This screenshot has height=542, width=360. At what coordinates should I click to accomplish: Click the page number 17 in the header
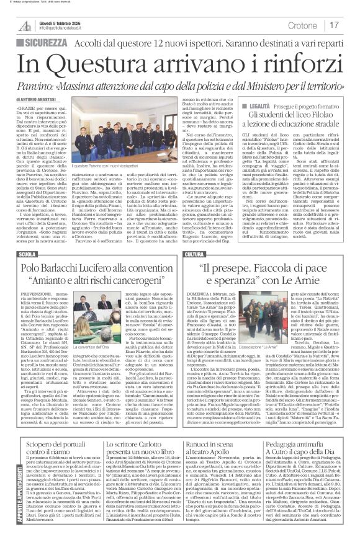335,25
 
